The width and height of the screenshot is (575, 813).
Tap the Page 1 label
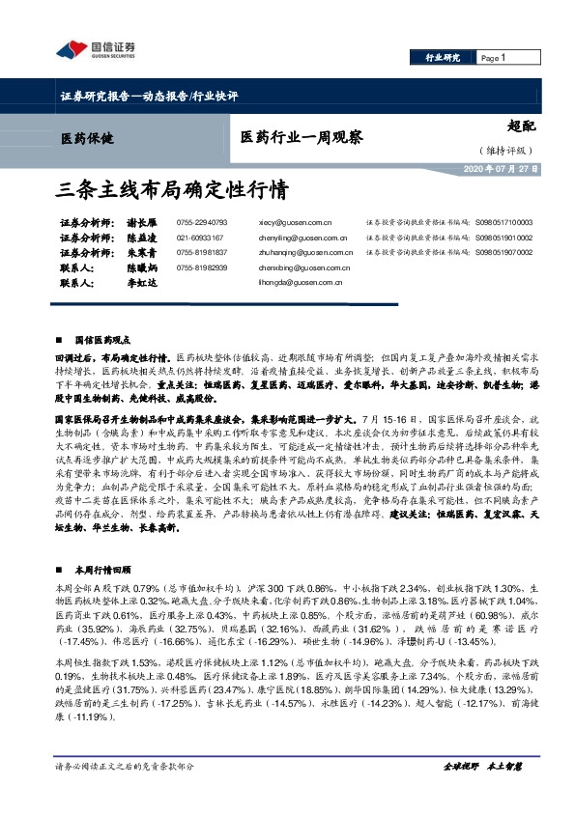[492, 58]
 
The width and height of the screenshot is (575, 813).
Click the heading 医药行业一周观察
[302, 138]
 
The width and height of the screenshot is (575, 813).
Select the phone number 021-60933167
[200, 238]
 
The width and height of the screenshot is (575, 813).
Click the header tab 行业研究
[444, 58]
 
